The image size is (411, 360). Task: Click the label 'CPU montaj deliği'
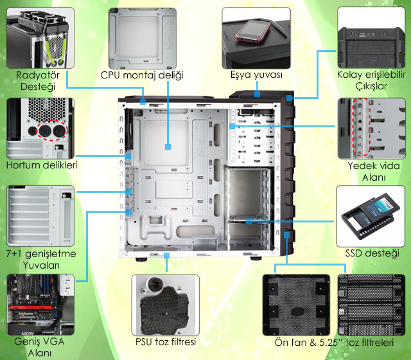(x=143, y=75)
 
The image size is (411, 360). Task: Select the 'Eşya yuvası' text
(x=257, y=75)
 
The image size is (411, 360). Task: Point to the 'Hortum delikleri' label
(x=42, y=165)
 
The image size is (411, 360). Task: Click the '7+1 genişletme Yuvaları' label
(x=40, y=259)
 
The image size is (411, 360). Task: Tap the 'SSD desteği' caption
(x=372, y=253)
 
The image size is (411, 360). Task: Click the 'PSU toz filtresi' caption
(x=165, y=341)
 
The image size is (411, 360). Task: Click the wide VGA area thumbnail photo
(x=37, y=303)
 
